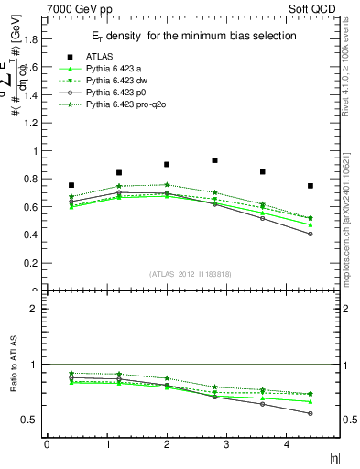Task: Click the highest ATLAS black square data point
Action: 214,160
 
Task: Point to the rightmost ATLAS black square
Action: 311,186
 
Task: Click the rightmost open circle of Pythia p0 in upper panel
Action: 311,234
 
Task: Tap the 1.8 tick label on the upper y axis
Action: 29,39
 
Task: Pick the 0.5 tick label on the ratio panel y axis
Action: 29,420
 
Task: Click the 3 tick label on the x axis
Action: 239,444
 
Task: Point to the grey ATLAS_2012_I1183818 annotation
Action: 190,274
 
